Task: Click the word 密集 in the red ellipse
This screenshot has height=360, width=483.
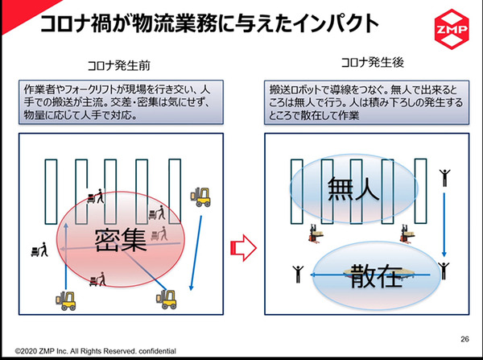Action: (x=119, y=238)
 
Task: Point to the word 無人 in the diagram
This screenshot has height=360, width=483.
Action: (x=353, y=189)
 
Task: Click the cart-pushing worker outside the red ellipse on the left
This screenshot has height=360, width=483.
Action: (x=38, y=250)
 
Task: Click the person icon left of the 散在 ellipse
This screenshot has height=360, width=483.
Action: (x=297, y=274)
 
